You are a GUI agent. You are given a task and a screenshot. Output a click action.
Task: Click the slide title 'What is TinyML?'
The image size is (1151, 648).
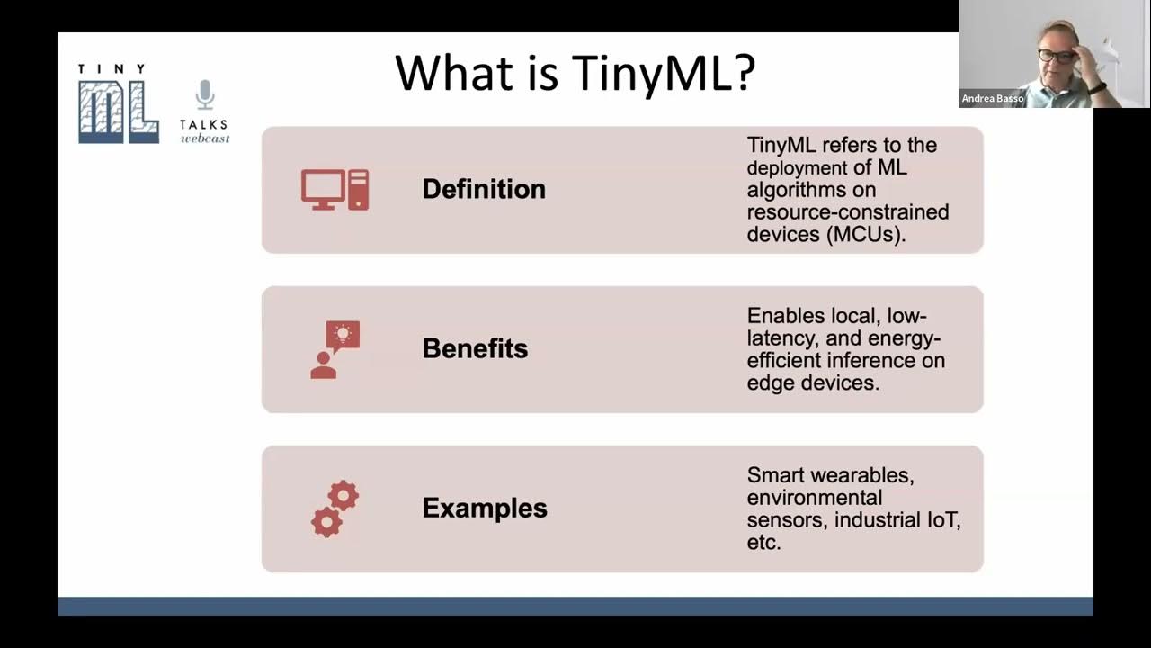(x=575, y=73)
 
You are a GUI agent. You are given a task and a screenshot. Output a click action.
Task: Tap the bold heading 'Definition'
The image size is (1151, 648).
(x=484, y=189)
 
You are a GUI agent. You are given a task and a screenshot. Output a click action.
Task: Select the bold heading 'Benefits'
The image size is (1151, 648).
(x=475, y=348)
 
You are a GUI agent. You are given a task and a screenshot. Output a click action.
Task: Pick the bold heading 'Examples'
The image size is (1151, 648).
(x=485, y=508)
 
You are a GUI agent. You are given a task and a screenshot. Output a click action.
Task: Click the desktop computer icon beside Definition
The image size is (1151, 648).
(x=335, y=189)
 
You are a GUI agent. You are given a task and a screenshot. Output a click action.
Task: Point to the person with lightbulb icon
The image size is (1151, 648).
(x=335, y=349)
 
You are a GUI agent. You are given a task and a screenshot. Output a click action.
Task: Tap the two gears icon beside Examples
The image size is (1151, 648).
(x=335, y=508)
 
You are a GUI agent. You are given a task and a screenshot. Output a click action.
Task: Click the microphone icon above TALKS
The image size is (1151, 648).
(x=205, y=94)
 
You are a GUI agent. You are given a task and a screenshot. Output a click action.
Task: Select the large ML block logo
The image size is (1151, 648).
(x=118, y=112)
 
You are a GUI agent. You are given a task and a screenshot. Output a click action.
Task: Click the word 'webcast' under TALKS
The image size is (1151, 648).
(x=205, y=139)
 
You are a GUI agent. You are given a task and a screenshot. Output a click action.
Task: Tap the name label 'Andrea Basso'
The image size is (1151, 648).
(x=992, y=99)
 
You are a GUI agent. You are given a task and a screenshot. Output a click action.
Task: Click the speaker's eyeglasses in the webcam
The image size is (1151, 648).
(x=1056, y=56)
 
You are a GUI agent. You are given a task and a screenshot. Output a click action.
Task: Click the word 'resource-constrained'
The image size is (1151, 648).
(x=847, y=212)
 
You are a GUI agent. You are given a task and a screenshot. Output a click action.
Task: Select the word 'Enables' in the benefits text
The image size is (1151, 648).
(x=786, y=316)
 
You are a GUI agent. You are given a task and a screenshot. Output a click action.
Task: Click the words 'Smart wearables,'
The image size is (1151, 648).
(x=830, y=475)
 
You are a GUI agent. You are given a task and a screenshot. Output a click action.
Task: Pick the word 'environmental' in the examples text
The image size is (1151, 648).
(x=814, y=498)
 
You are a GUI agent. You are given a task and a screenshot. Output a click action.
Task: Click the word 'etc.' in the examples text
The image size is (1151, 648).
(x=763, y=542)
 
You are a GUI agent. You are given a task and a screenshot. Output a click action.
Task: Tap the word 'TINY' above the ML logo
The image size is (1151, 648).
(x=112, y=69)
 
